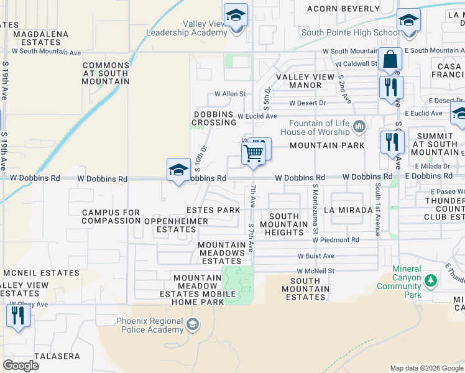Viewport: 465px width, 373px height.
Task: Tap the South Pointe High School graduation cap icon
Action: tap(408, 21)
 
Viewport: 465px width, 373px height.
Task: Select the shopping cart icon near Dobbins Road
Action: tap(254, 151)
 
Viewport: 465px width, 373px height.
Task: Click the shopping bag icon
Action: tap(390, 60)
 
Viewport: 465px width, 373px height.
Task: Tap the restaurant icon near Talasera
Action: tap(18, 316)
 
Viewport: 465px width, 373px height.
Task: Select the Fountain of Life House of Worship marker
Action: tap(359, 127)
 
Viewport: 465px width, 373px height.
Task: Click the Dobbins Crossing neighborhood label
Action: tap(214, 118)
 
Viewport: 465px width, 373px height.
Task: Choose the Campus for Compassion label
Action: tap(111, 216)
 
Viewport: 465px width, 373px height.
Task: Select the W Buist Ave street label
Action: tap(316, 256)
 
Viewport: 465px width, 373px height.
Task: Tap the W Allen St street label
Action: tap(230, 94)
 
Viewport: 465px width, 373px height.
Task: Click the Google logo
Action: tap(21, 365)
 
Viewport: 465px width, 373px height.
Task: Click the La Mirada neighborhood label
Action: tap(346, 210)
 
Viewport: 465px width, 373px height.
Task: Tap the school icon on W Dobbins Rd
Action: tap(178, 170)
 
